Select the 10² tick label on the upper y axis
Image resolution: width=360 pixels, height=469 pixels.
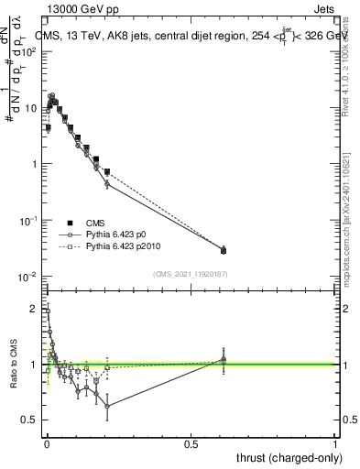[x=30, y=51]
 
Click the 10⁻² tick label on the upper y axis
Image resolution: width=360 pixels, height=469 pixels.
[x=30, y=277]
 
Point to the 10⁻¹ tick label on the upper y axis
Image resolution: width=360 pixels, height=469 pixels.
[x=30, y=221]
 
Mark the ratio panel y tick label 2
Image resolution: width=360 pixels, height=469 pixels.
[x=36, y=309]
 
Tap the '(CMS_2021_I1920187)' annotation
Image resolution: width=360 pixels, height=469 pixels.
[x=191, y=274]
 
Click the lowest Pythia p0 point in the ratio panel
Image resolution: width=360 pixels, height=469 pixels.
[x=108, y=406]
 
